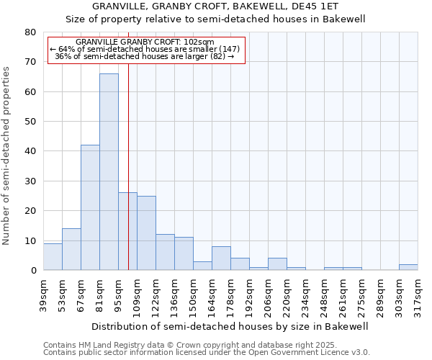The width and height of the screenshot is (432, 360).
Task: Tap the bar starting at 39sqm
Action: click(53, 256)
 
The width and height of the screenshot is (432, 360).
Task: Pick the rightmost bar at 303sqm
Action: click(408, 267)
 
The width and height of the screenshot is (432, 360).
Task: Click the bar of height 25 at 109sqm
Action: click(146, 233)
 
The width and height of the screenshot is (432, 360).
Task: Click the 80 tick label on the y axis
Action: click(31, 32)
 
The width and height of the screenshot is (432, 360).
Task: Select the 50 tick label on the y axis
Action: click(31, 122)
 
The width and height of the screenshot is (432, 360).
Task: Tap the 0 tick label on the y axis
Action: click(34, 271)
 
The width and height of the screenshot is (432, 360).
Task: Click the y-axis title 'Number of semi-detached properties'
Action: click(7, 156)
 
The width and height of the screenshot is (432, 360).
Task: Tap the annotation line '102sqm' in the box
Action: click(145, 42)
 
